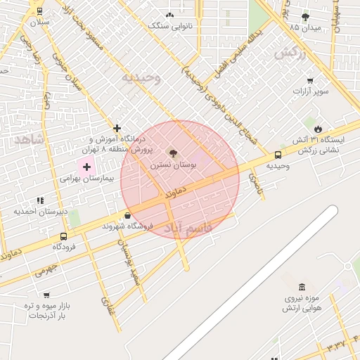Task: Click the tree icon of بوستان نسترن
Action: tap(172, 153)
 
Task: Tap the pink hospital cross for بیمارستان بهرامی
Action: tap(86, 167)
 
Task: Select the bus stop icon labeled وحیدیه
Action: tap(278, 155)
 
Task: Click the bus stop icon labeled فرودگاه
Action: tap(64, 237)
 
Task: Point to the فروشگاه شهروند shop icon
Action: tap(127, 215)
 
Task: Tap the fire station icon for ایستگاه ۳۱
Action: tap(319, 129)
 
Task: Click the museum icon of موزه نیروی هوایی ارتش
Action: tap(302, 287)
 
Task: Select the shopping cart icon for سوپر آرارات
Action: tap(310, 80)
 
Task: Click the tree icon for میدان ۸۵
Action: tap(304, 16)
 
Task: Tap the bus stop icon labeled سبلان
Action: tap(39, 11)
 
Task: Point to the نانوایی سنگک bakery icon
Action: tap(169, 15)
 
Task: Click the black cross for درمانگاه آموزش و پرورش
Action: tap(117, 129)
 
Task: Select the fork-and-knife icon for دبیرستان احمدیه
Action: tap(40, 200)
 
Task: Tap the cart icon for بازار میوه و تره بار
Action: tap(46, 295)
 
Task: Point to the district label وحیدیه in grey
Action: tap(141, 77)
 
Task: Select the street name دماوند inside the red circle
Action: tap(175, 191)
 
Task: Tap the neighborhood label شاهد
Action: tap(28, 139)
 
